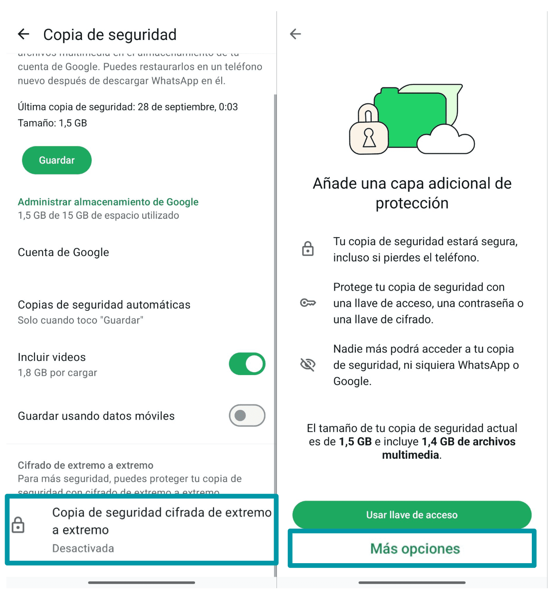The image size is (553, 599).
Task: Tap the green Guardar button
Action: (57, 160)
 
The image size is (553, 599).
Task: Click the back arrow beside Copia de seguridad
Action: (24, 35)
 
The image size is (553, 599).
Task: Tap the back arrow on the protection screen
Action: (295, 34)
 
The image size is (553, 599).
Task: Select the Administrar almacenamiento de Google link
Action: (108, 202)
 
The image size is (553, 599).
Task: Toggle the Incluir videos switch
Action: (247, 364)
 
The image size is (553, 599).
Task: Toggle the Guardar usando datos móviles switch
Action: (247, 415)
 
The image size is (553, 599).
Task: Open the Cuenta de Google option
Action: (64, 252)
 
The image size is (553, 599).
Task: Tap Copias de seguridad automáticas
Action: (104, 305)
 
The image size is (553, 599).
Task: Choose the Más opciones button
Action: (415, 549)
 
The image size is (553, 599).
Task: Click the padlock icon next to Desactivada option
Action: (18, 525)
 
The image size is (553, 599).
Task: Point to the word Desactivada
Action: (83, 548)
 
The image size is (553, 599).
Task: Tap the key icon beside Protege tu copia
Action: (308, 303)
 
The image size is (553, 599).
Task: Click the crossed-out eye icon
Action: (308, 365)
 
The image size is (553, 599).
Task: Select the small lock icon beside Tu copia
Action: (308, 249)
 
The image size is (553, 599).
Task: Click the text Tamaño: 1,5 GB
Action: (52, 123)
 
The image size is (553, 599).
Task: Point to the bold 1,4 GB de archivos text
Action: (468, 442)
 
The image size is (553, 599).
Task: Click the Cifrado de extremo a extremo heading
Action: (86, 465)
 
